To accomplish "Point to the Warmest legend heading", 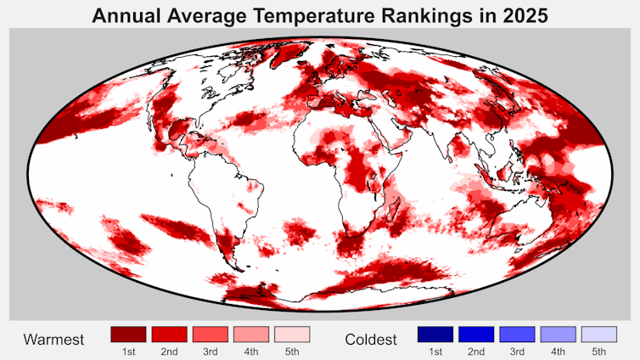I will (53, 340).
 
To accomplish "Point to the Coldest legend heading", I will (371, 340).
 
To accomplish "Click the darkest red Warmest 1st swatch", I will (129, 334).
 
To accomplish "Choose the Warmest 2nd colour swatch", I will (170, 334).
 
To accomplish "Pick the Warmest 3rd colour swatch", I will (211, 334).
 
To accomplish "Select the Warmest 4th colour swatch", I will (251, 334).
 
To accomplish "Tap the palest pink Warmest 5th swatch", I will (292, 334).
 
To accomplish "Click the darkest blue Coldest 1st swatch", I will (435, 334).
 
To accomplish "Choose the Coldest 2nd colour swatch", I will (476, 334).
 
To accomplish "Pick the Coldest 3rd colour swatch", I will (517, 334).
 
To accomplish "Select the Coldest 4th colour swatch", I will (558, 334).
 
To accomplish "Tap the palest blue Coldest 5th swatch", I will (598, 334).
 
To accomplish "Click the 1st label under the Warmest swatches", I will (129, 352).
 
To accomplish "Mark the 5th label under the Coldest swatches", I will (598, 352).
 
